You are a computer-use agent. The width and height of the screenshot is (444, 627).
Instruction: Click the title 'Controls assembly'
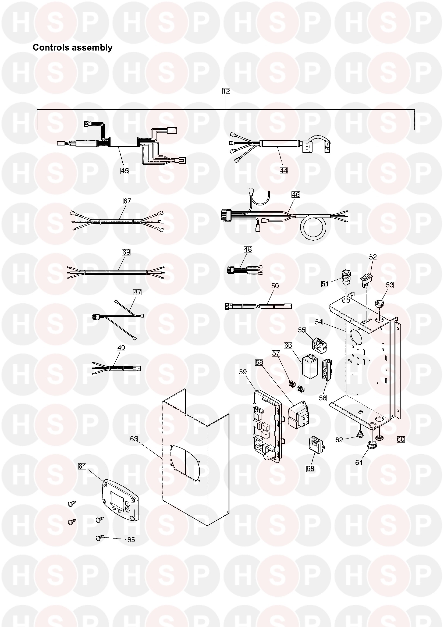(72, 48)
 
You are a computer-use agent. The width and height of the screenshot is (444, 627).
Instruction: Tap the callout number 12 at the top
(226, 91)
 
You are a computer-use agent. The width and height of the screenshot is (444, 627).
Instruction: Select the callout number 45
(125, 170)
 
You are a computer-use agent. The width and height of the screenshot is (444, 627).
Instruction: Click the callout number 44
(284, 170)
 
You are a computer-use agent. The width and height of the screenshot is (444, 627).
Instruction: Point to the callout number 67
(127, 201)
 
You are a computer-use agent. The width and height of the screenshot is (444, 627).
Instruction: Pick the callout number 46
(296, 195)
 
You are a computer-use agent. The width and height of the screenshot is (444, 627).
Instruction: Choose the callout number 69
(126, 252)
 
